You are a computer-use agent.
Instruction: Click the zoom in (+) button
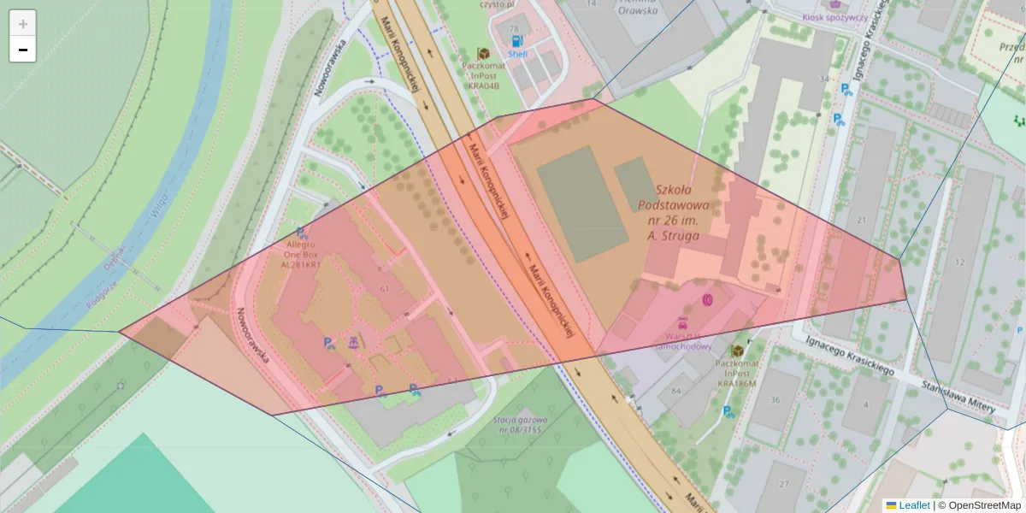click(23, 23)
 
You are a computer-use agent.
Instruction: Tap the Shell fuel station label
click(517, 53)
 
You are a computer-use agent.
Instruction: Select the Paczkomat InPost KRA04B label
click(483, 74)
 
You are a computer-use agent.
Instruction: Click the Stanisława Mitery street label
click(958, 398)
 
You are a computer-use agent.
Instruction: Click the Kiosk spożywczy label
click(834, 17)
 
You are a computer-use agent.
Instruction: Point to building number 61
click(385, 289)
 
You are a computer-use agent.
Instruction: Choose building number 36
click(775, 400)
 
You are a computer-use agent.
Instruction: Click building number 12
click(960, 262)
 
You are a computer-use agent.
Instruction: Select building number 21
click(862, 221)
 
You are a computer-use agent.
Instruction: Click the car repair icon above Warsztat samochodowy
click(682, 323)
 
